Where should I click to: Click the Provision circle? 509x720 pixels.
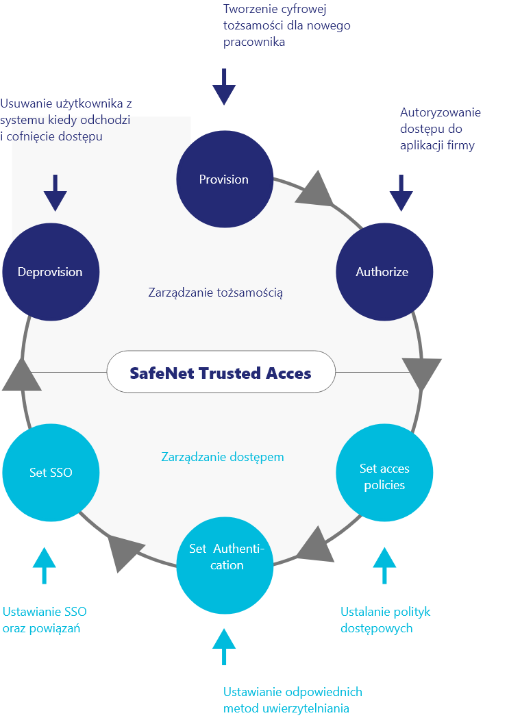tap(224, 179)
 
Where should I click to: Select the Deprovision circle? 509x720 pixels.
tap(51, 272)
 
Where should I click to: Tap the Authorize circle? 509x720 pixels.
tap(384, 272)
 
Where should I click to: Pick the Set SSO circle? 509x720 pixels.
tap(51, 473)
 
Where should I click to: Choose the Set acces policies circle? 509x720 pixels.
tap(384, 473)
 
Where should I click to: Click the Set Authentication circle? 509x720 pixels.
tap(225, 565)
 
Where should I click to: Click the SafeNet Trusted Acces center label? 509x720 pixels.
tap(221, 373)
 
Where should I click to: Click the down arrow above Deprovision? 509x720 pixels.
tap(55, 193)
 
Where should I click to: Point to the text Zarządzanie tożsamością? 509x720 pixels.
tap(216, 293)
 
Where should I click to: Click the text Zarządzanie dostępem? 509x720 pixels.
tap(223, 456)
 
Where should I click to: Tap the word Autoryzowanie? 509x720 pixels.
tap(440, 112)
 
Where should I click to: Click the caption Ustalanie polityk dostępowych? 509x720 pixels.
tap(385, 619)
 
